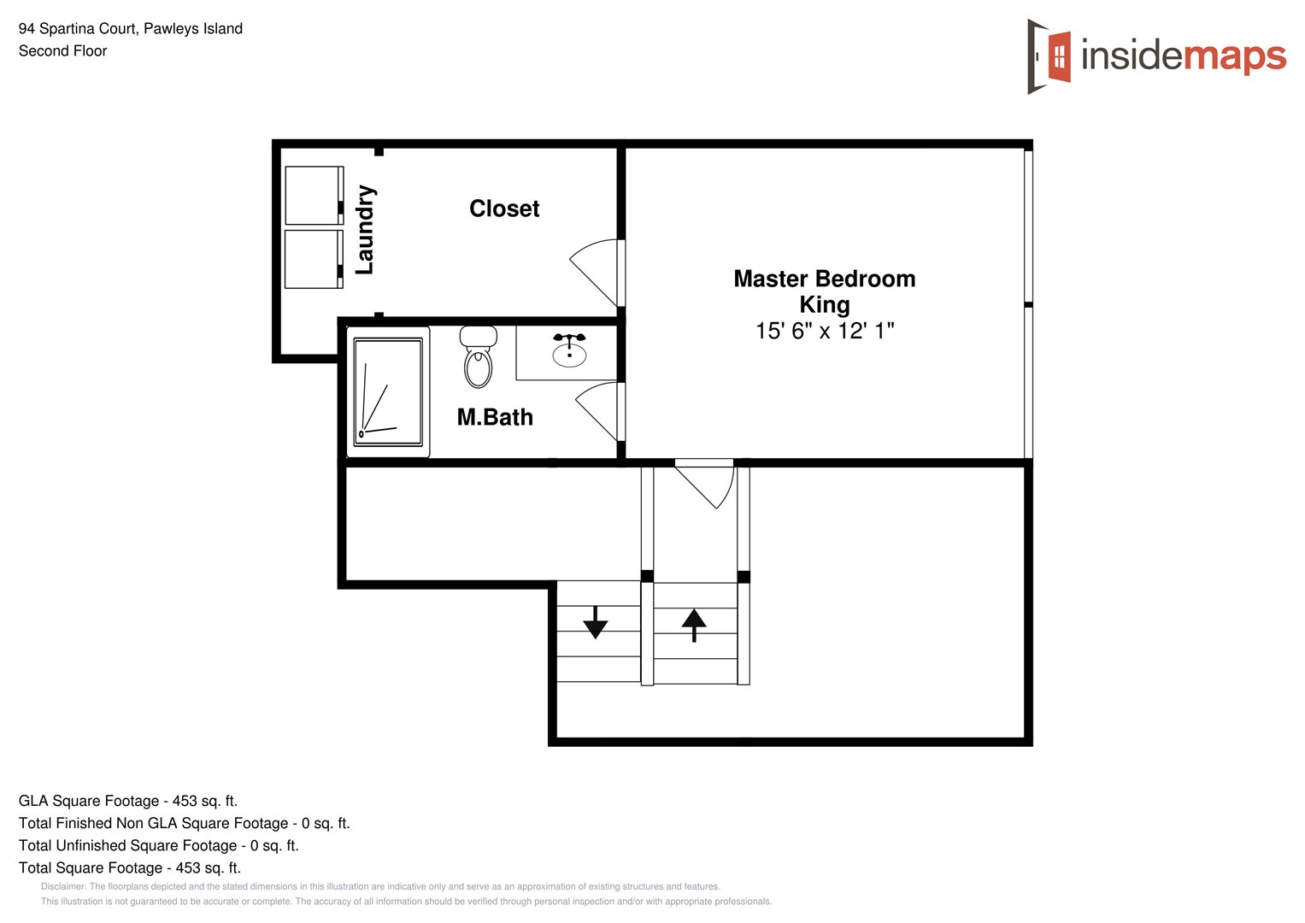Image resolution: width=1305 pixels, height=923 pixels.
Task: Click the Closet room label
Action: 504,209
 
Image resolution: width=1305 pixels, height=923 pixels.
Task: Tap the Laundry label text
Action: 365,229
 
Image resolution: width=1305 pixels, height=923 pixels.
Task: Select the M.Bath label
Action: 495,417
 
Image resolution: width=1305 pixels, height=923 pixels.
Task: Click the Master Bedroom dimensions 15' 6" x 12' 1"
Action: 824,331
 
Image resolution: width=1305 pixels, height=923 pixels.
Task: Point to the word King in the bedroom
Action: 824,304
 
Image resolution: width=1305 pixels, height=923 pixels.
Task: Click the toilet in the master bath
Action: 478,357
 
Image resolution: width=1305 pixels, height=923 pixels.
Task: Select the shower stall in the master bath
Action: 388,392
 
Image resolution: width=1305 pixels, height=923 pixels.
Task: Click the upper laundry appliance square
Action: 313,196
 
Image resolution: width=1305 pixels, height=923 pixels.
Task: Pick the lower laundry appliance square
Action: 313,259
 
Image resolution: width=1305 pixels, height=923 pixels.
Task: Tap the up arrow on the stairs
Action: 694,625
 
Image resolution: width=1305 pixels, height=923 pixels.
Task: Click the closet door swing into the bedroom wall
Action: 597,269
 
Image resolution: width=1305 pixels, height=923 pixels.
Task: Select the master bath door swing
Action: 599,410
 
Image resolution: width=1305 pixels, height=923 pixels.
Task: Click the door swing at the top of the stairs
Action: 706,484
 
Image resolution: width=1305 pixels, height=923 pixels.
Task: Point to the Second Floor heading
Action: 63,51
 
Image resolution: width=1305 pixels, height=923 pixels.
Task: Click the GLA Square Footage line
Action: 128,801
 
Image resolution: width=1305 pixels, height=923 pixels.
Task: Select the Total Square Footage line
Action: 130,867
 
